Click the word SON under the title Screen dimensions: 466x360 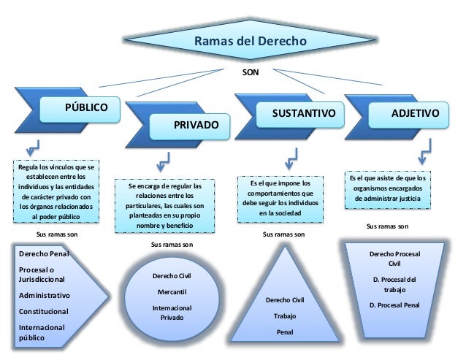251,72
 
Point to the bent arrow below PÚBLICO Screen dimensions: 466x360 31,145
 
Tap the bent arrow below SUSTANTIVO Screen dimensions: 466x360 292,156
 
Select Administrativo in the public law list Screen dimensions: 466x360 45,296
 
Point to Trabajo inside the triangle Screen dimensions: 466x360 286,316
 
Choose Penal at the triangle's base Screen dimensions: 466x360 285,333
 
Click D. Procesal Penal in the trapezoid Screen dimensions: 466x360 394,305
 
